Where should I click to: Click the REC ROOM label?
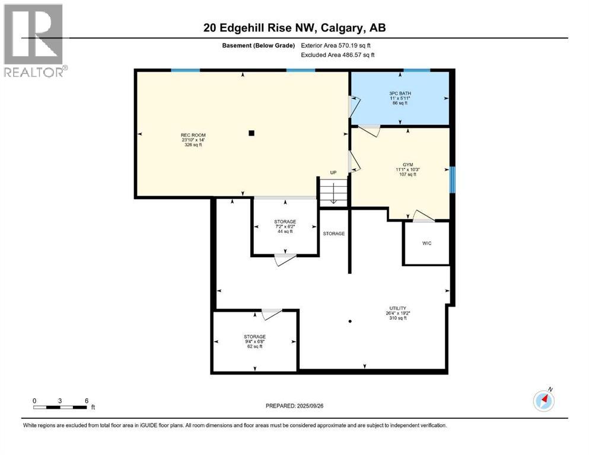(x=193, y=135)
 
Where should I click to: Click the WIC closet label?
(x=426, y=243)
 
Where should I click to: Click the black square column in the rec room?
(x=251, y=133)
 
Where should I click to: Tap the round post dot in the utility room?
(x=351, y=321)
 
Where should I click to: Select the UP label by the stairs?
(x=333, y=173)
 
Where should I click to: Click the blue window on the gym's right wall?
(x=452, y=180)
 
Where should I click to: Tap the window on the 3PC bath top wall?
(x=417, y=71)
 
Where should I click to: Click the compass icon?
(x=543, y=400)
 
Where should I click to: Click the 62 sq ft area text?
(x=254, y=347)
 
